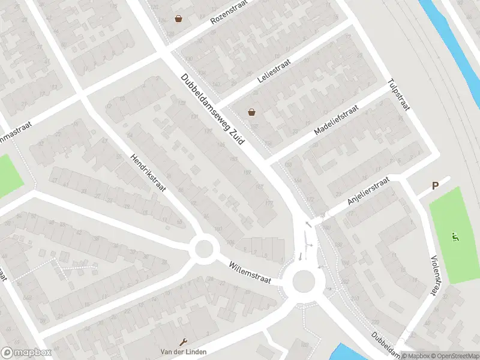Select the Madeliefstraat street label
pos(335,120)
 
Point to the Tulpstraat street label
pos(398,95)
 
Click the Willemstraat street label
pos(250,272)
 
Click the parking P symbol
pos(436,187)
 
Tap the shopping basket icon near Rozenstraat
pos(178,19)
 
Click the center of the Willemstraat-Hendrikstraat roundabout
pos(204,248)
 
